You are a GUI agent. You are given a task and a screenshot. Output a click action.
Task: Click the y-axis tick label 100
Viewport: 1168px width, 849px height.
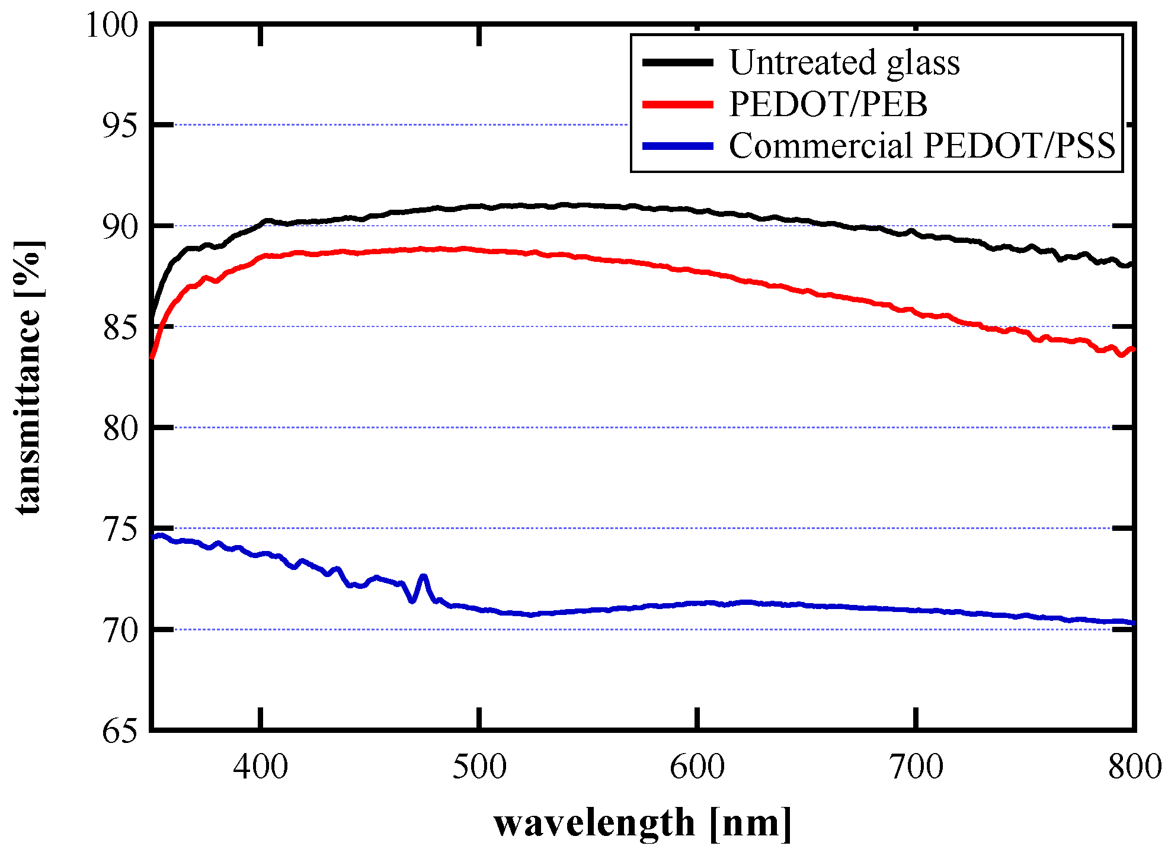112,25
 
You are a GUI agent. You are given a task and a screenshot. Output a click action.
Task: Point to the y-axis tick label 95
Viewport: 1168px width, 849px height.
120,126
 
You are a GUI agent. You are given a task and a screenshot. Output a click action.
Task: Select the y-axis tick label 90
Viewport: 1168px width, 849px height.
120,226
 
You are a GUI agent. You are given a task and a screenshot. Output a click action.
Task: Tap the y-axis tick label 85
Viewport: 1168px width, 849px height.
120,328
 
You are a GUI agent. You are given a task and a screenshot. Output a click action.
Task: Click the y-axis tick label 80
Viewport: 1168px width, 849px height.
120,428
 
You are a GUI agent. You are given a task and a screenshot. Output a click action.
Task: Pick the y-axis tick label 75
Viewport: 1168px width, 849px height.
120,529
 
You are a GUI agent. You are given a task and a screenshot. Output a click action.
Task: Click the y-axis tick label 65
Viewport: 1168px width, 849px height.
120,731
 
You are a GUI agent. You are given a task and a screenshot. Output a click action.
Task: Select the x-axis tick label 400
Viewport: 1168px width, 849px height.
260,767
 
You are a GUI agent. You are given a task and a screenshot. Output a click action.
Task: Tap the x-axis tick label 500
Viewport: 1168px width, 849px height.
479,767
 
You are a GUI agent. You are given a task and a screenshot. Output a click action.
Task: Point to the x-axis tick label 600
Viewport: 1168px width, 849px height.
697,767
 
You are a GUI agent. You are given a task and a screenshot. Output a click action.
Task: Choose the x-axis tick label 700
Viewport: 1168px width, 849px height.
916,767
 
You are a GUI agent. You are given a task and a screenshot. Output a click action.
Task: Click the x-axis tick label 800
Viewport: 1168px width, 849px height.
1134,767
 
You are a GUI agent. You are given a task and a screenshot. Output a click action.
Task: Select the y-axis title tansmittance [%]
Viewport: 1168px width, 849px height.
28,377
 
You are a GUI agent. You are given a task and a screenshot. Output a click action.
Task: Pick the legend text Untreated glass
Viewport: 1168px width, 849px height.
844,62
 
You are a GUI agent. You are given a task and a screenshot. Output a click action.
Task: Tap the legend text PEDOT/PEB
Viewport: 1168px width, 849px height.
827,104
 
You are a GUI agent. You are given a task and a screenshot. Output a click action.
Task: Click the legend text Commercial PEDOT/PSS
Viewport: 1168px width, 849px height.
921,146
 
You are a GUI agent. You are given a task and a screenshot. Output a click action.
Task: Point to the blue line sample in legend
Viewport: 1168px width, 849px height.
678,146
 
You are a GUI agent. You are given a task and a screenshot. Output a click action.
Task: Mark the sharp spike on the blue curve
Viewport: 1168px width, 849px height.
423,576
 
